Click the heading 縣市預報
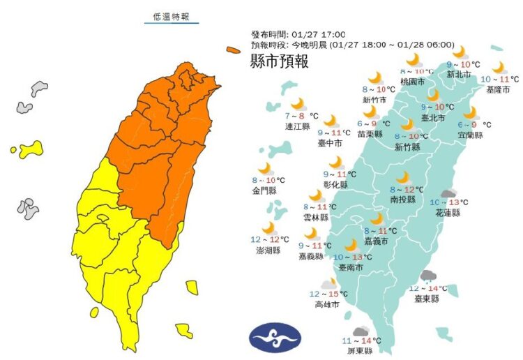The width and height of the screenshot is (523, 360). click(278, 61)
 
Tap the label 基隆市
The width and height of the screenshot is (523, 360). click(498, 89)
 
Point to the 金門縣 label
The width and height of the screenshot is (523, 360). click(265, 190)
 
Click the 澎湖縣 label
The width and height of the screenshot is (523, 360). click(268, 250)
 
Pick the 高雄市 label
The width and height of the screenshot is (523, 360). click(327, 304)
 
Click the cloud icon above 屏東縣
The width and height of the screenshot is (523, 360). click(360, 331)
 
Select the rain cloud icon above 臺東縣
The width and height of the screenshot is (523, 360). click(427, 276)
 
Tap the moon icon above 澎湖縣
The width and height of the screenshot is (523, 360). click(268, 228)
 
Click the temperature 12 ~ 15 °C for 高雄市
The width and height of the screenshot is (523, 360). click(328, 294)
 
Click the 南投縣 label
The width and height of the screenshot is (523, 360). click(402, 199)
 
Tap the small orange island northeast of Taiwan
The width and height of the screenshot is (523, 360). click(233, 50)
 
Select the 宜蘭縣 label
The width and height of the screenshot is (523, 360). click(471, 135)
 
